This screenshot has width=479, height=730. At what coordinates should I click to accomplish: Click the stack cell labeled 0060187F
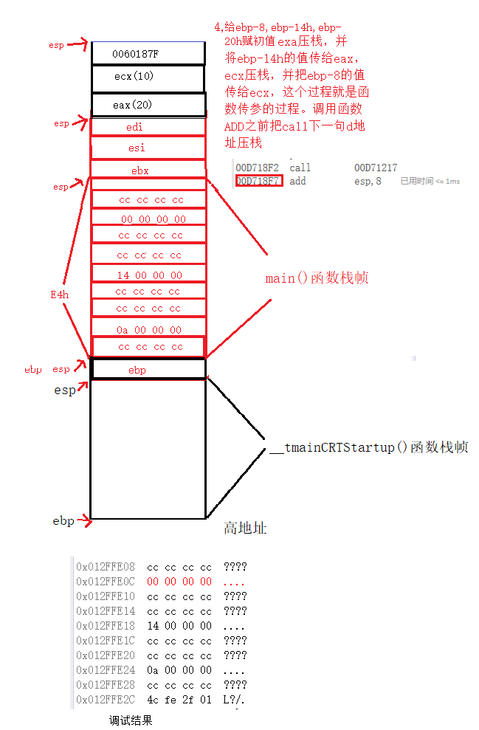coord(148,53)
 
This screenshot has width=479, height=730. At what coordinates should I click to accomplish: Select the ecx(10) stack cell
coord(148,77)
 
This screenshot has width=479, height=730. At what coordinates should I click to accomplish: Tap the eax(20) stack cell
coord(148,104)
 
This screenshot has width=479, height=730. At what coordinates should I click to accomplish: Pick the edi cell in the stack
coord(148,127)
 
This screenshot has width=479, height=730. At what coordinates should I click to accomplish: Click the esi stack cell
coord(148,148)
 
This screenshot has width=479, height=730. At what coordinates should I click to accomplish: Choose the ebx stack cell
coord(148,171)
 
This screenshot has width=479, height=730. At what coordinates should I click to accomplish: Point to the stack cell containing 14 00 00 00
coord(148,275)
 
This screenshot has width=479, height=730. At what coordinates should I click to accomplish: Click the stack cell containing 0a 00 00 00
coord(148,329)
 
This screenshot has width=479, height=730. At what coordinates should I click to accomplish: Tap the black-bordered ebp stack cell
coord(148,369)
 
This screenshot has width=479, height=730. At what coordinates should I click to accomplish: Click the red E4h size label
coord(59,295)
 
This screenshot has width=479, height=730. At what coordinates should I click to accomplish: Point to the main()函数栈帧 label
coord(317,278)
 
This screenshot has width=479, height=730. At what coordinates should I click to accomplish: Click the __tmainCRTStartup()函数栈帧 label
coord(368,447)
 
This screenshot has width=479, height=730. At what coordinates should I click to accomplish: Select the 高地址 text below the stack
coord(244,528)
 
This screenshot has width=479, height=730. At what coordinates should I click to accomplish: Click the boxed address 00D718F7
coord(258,181)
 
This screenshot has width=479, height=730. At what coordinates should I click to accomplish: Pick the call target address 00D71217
coord(375,168)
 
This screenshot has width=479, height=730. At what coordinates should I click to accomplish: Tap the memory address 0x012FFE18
coord(106,625)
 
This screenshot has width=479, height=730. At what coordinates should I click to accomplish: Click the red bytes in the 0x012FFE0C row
coord(179,582)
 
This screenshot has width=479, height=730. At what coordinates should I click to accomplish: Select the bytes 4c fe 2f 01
coord(179,700)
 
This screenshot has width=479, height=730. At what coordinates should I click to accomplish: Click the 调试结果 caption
coord(131,720)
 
